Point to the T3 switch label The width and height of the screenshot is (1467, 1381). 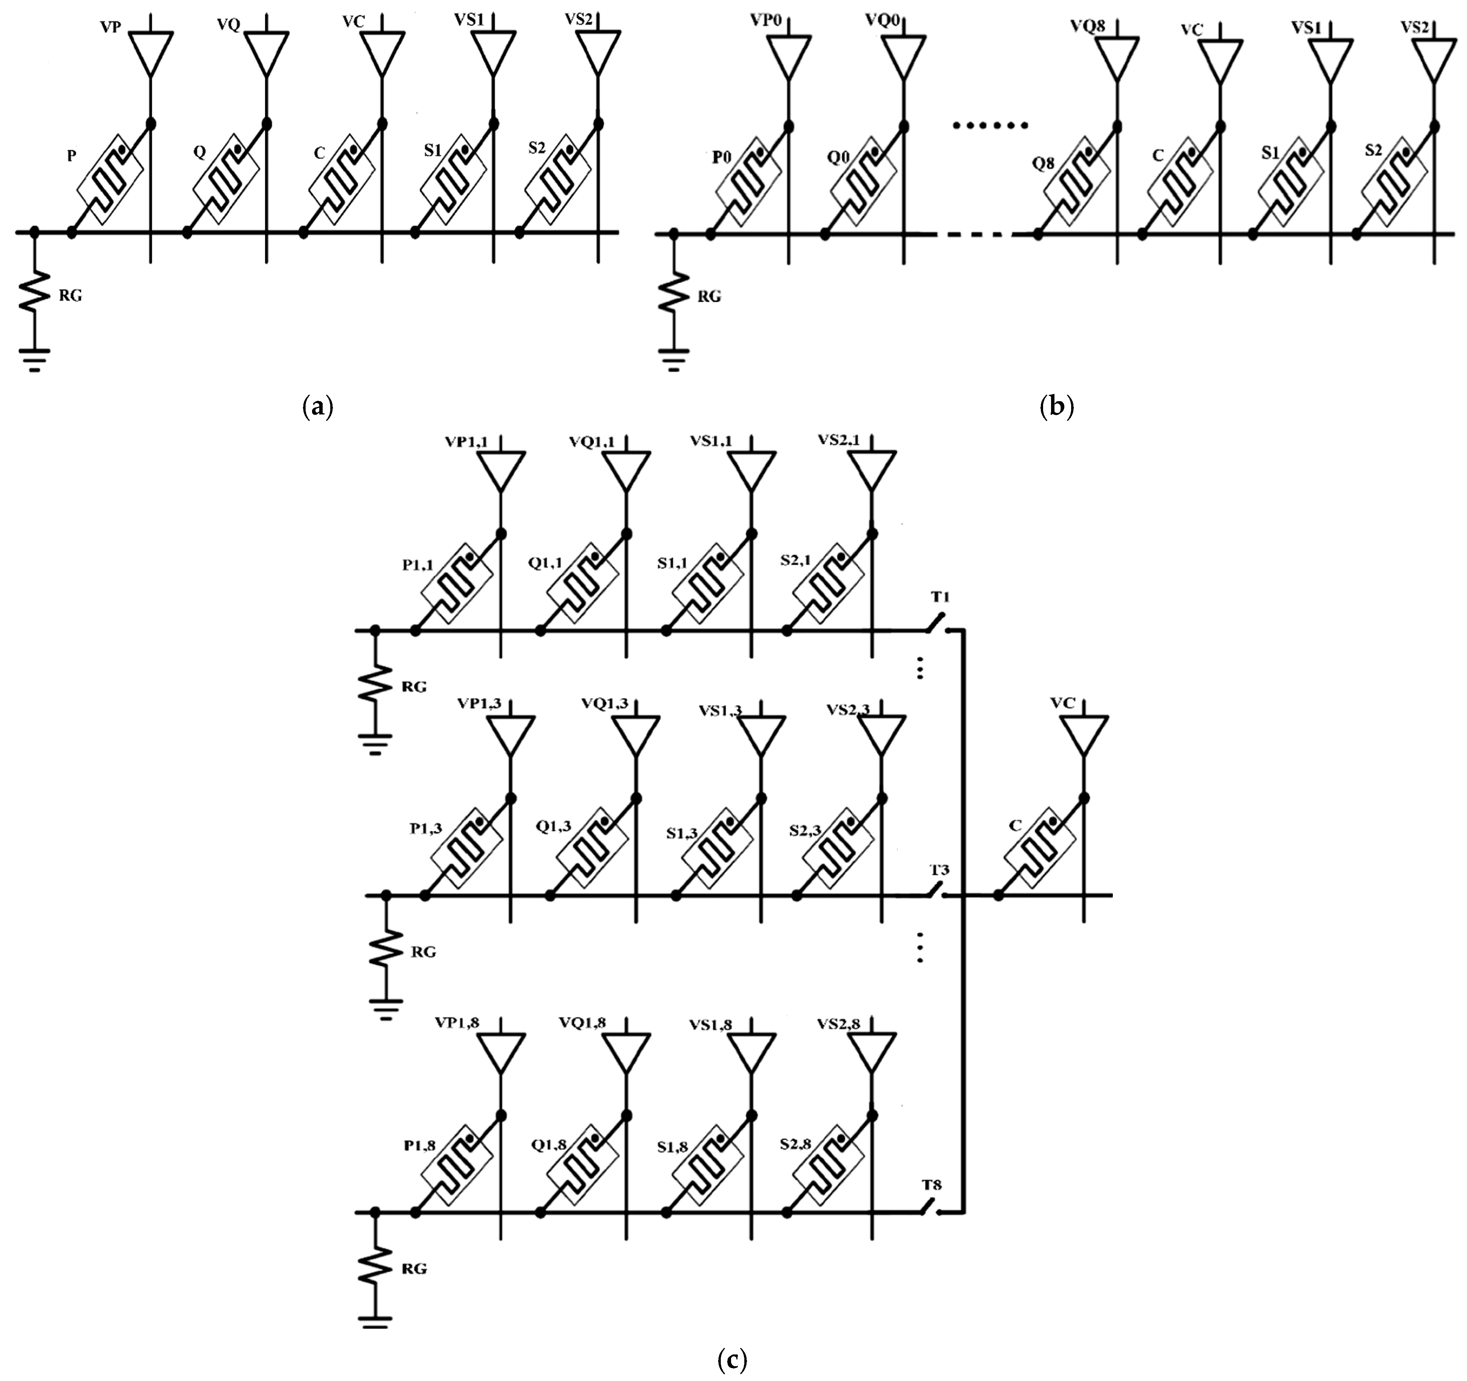[939, 869]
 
